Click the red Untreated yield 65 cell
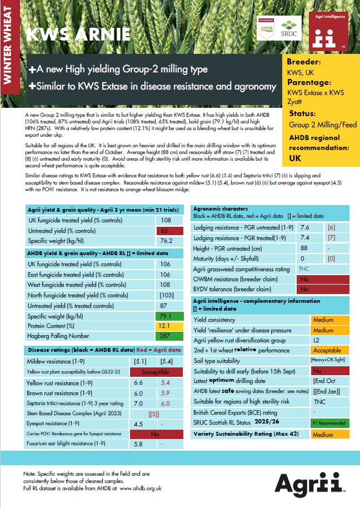164,230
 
